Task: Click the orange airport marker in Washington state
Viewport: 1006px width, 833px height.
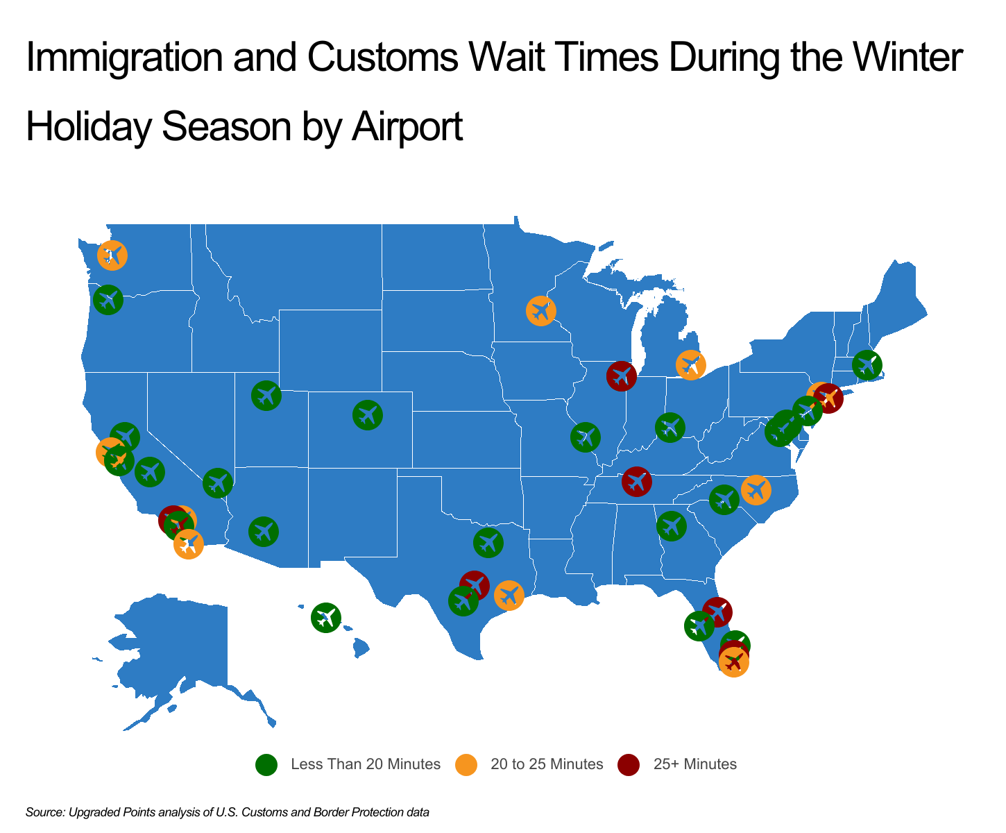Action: tap(112, 255)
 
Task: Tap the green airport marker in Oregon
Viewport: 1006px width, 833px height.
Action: tap(108, 300)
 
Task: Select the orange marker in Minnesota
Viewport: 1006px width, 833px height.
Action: tap(540, 310)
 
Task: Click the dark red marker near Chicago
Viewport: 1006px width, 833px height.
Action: tap(621, 376)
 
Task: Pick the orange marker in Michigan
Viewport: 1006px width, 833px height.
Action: tap(690, 364)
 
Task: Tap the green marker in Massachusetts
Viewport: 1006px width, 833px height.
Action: tap(867, 364)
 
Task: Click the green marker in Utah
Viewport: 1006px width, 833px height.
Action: tap(266, 396)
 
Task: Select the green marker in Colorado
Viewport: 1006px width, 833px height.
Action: tap(368, 415)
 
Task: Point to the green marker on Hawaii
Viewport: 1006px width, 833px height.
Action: tap(325, 616)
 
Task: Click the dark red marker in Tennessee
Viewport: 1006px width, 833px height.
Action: tap(636, 481)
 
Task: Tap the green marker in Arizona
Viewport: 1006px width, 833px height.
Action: tap(264, 532)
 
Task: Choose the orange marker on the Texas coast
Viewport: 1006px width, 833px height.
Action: tap(509, 595)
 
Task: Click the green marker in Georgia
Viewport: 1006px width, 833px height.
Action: tap(671, 525)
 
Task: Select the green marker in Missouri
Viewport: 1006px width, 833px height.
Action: tap(585, 437)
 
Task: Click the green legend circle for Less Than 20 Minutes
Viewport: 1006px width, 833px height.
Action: tap(266, 764)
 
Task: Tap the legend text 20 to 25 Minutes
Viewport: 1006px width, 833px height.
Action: tap(547, 764)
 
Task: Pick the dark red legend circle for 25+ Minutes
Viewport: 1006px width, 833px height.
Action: tap(629, 764)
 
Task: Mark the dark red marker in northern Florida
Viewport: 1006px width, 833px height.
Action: tap(717, 611)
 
